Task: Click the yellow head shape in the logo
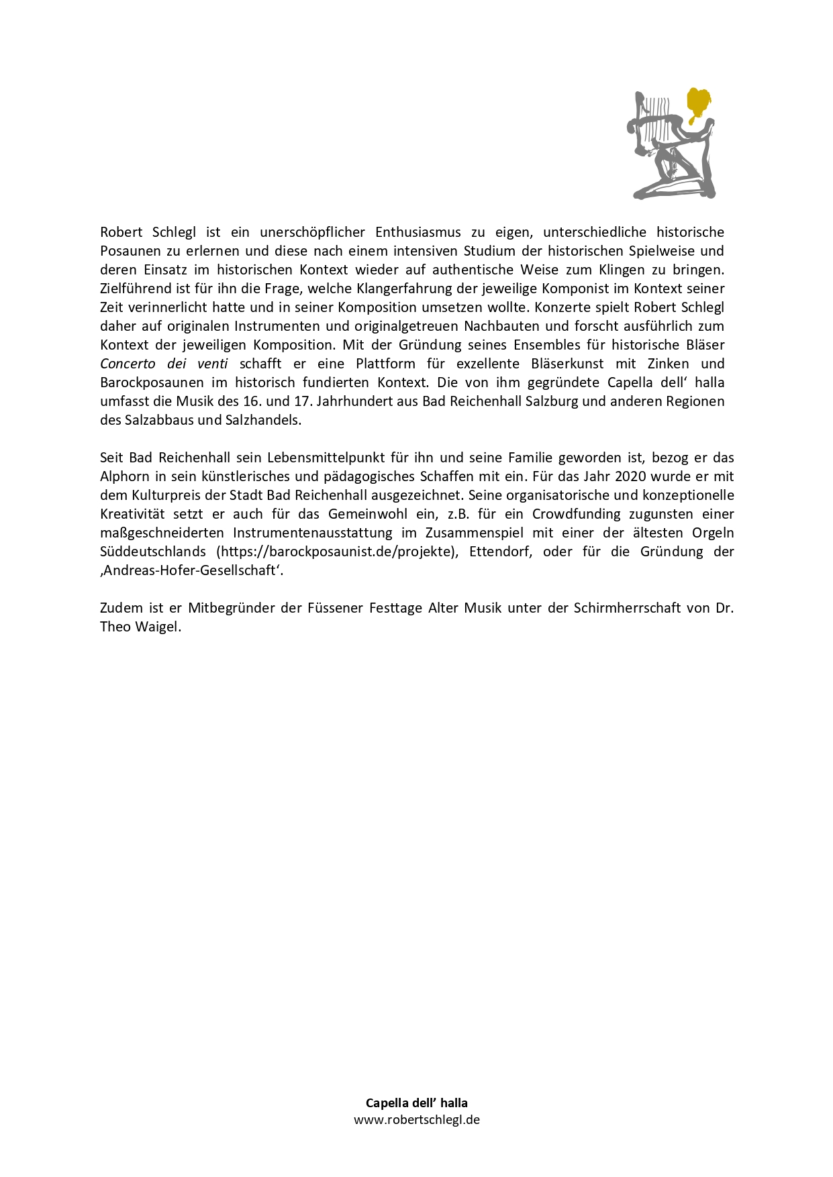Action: click(698, 102)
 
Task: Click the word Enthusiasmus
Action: click(418, 232)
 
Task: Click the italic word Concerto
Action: click(128, 364)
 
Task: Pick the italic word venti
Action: click(212, 364)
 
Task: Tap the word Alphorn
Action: click(125, 476)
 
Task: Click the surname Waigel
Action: click(160, 627)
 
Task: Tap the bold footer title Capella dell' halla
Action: click(416, 1103)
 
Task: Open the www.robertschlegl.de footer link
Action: click(417, 1119)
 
